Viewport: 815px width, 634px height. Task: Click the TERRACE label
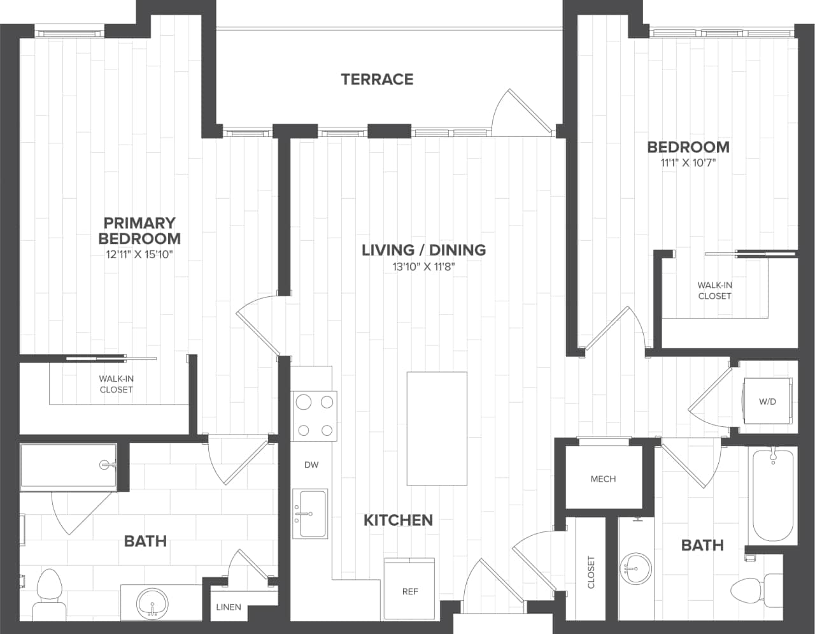click(x=377, y=79)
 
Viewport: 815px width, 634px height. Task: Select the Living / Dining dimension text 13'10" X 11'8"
click(x=423, y=267)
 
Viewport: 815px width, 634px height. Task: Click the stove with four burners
click(x=314, y=415)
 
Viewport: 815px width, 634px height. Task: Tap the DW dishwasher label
click(x=311, y=465)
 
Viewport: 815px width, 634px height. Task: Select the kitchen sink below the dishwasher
click(x=310, y=514)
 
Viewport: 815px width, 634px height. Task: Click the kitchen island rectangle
click(x=437, y=429)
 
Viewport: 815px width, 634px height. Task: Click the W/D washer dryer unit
click(x=767, y=401)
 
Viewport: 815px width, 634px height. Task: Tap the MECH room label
click(x=603, y=479)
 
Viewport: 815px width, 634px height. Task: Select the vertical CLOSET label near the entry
click(x=591, y=572)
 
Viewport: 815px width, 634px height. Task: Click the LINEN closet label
click(x=228, y=607)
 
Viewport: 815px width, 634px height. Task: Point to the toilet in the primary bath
click(x=48, y=591)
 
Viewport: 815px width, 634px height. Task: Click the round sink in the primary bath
click(x=153, y=602)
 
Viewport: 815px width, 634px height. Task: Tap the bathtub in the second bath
click(x=772, y=495)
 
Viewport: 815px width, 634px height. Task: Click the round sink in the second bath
click(x=635, y=566)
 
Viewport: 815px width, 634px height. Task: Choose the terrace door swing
click(x=519, y=112)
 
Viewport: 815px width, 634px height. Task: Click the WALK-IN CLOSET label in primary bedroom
click(x=117, y=384)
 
